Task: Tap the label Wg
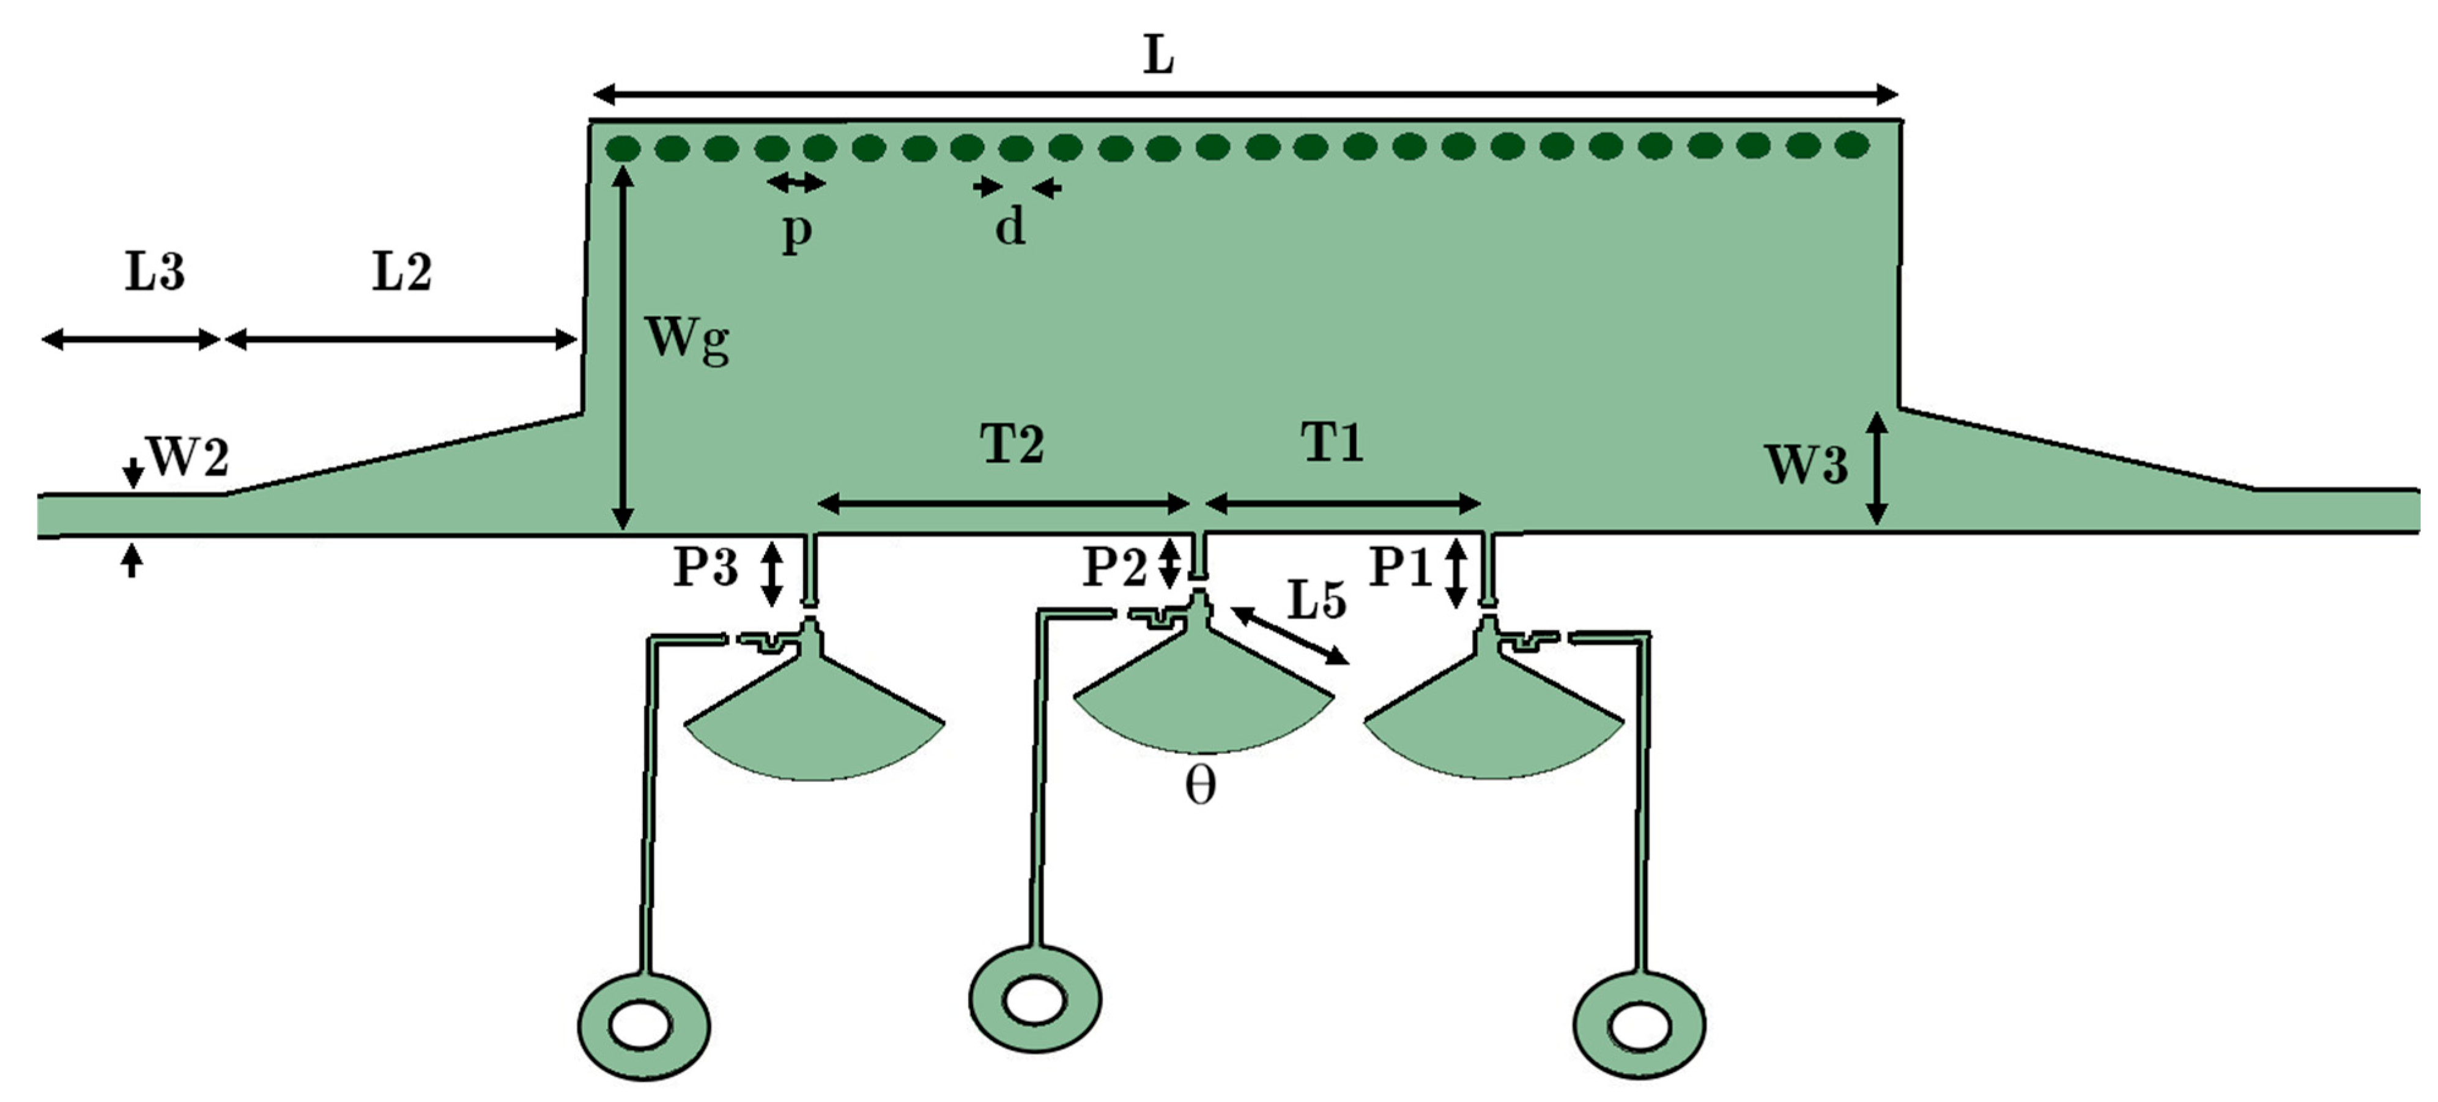pyautogui.click(x=686, y=339)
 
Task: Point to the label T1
pyautogui.click(x=1333, y=442)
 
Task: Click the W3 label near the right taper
pyautogui.click(x=1806, y=466)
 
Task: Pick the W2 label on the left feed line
pyautogui.click(x=188, y=459)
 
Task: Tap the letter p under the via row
pyautogui.click(x=797, y=230)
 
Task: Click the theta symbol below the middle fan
pyautogui.click(x=1200, y=786)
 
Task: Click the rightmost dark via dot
pyautogui.click(x=1852, y=145)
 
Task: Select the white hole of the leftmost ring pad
pyautogui.click(x=641, y=1026)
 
